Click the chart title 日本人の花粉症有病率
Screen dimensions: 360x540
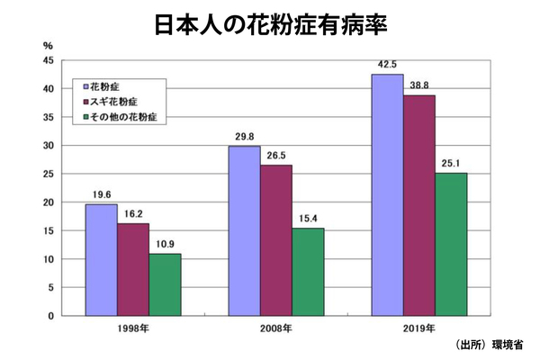pos(271,22)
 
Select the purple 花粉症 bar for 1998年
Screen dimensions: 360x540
pos(101,260)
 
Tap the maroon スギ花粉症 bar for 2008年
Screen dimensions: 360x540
pos(276,240)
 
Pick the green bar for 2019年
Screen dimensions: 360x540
pos(451,244)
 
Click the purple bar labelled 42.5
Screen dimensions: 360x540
pos(387,195)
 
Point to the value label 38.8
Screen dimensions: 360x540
pos(419,84)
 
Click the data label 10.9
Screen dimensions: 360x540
pos(165,243)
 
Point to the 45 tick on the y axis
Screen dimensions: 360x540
pos(48,60)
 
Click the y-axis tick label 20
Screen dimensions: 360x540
pos(48,202)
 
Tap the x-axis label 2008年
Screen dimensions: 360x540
pos(275,327)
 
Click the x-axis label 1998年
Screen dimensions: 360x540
pos(133,327)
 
